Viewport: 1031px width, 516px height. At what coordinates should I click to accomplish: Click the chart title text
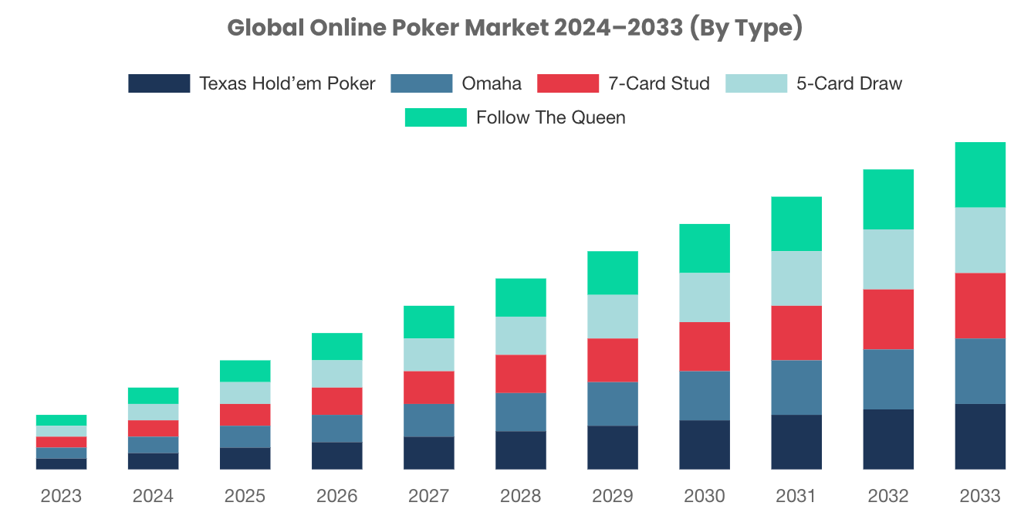pos(515,29)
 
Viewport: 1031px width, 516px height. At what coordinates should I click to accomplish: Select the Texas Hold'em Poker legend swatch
pos(159,83)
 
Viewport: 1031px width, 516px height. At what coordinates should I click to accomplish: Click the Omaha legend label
pos(491,83)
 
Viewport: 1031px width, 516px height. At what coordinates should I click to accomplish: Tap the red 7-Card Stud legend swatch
pos(568,83)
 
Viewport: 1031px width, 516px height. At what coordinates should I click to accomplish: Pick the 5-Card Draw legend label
pos(849,83)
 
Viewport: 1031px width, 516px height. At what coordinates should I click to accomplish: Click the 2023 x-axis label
pos(61,495)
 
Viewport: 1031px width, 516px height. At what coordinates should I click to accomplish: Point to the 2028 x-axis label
pos(521,495)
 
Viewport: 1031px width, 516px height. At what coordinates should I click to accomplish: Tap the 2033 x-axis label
pos(980,495)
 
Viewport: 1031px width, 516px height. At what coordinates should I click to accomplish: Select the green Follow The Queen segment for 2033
pos(980,175)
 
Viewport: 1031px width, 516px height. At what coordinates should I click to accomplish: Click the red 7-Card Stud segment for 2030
pos(705,347)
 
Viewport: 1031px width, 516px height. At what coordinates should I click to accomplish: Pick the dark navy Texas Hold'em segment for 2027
pos(429,453)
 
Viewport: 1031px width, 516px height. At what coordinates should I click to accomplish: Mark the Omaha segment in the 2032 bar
pos(888,379)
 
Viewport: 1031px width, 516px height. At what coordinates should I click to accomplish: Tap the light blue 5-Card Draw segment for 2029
pos(613,317)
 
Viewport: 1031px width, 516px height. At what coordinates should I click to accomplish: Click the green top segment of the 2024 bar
pos(153,395)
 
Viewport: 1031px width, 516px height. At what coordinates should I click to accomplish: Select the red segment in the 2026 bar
pos(337,402)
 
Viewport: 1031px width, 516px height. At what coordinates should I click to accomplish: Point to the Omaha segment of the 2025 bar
pos(245,436)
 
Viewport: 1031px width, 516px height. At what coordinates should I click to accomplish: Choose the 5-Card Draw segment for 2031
pos(796,278)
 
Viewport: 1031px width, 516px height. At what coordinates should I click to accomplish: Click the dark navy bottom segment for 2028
pos(521,450)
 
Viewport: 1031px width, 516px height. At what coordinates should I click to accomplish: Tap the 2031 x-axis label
pos(796,495)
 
